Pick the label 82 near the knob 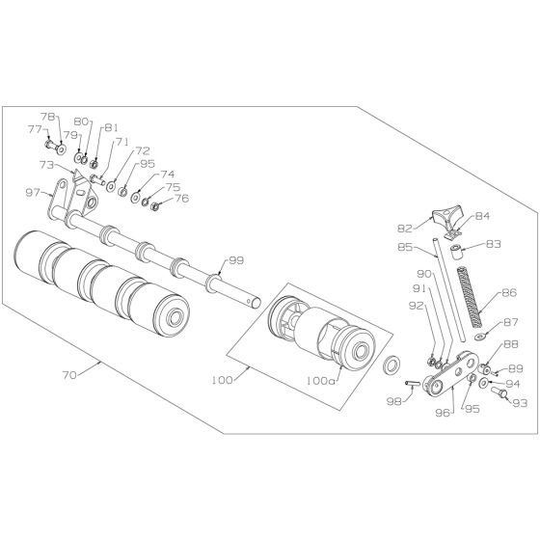tap(405, 228)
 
